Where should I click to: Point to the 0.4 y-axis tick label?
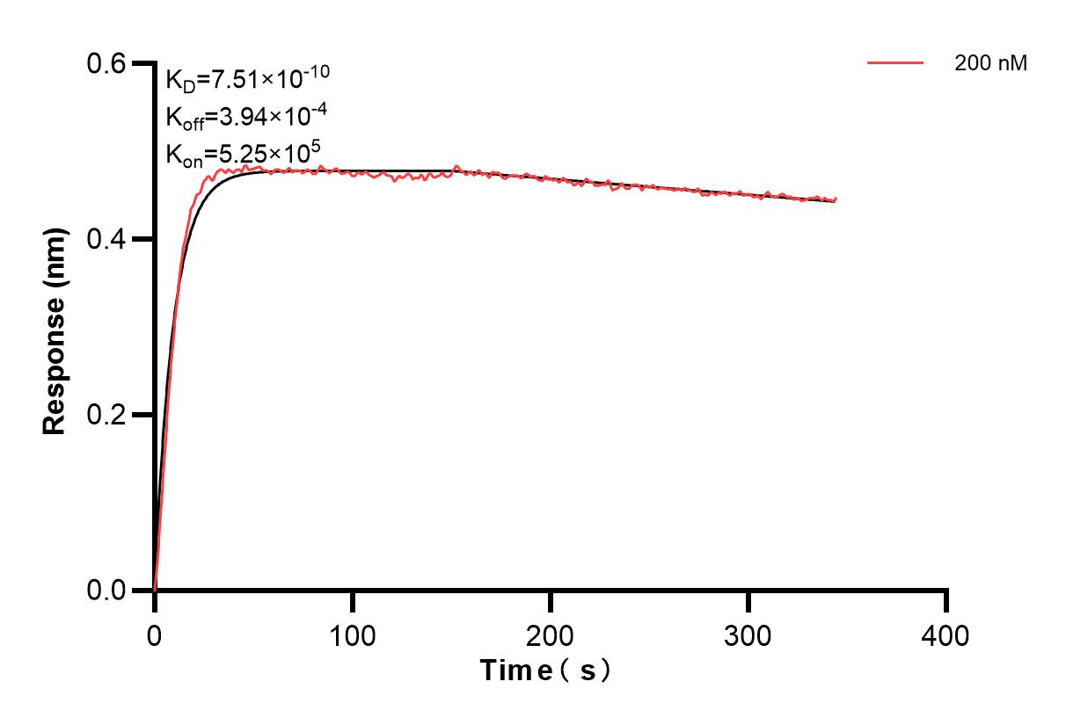pyautogui.click(x=106, y=239)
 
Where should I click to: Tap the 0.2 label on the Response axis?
pyautogui.click(x=106, y=415)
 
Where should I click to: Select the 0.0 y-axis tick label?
pyautogui.click(x=106, y=590)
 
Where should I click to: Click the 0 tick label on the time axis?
pyautogui.click(x=155, y=634)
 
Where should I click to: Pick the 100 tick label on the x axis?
pyautogui.click(x=353, y=634)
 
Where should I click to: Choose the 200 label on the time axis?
pyautogui.click(x=551, y=634)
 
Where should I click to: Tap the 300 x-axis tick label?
pyautogui.click(x=748, y=634)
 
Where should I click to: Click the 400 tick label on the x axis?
pyautogui.click(x=946, y=634)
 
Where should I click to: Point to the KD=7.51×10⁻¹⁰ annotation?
pyautogui.click(x=247, y=80)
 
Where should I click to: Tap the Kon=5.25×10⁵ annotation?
pyautogui.click(x=237, y=155)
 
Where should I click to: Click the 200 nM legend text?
pyautogui.click(x=990, y=63)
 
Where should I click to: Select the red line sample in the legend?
pyautogui.click(x=895, y=63)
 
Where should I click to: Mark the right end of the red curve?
pyautogui.click(x=836, y=199)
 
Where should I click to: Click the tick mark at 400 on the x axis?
pyautogui.click(x=946, y=601)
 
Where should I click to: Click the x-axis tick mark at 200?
pyautogui.click(x=551, y=601)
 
